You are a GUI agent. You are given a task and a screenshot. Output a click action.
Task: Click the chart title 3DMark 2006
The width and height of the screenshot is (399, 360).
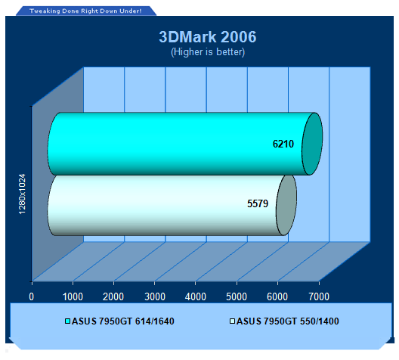[x=208, y=37]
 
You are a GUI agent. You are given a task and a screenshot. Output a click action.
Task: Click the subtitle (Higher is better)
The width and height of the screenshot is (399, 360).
[x=208, y=52]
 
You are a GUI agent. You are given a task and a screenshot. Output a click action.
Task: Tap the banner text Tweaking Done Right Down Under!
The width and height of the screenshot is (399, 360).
[x=85, y=11]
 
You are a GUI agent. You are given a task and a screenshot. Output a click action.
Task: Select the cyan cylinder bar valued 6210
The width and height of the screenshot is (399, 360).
[x=185, y=144]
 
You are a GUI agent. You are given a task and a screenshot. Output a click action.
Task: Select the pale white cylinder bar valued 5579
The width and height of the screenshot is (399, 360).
[x=172, y=205]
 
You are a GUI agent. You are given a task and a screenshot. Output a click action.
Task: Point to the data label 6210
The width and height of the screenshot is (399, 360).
[x=283, y=144]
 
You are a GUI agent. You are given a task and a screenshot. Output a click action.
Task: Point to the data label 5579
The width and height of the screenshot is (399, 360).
[x=258, y=203]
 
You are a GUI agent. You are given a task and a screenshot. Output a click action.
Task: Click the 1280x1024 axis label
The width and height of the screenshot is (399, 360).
[x=22, y=194]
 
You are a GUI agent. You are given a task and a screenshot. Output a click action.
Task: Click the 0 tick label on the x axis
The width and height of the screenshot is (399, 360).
[x=31, y=296]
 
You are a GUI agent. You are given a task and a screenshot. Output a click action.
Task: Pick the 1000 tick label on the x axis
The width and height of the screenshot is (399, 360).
[x=73, y=296]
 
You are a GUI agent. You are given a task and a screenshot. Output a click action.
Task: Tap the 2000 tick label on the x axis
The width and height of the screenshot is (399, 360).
[x=113, y=296]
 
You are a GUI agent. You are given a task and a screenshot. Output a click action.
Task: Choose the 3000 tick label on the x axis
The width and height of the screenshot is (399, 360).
[x=155, y=296]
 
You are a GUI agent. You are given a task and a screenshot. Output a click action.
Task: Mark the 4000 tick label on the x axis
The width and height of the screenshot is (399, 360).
[x=196, y=296]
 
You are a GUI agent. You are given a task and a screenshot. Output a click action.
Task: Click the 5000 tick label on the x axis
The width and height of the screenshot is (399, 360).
[x=237, y=296]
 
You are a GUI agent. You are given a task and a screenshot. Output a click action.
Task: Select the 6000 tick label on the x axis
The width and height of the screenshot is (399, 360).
[x=277, y=296]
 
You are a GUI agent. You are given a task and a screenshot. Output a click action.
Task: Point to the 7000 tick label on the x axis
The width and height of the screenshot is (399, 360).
[x=319, y=296]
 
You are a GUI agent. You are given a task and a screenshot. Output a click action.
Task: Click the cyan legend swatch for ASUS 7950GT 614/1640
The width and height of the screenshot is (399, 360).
[x=67, y=321]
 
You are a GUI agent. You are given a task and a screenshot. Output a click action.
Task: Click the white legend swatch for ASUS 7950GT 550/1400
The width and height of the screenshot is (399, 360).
[x=232, y=321]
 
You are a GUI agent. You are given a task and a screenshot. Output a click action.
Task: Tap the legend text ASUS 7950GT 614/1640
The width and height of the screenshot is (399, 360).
[x=123, y=321]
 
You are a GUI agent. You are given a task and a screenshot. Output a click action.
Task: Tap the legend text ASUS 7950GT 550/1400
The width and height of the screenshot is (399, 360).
[x=288, y=321]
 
